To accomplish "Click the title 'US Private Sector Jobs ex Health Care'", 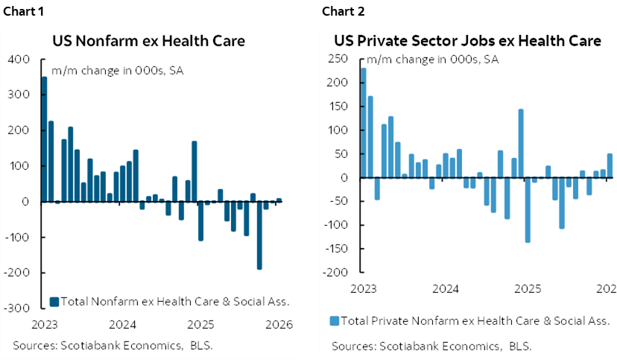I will click(466, 41).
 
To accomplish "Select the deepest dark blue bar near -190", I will click(259, 235).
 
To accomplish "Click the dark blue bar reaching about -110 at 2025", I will click(200, 221).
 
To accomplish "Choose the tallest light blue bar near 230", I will click(363, 123).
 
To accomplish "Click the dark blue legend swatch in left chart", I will click(54, 302).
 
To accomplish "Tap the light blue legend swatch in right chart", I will click(334, 320).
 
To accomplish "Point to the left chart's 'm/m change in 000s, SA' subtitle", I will click(117, 72).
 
